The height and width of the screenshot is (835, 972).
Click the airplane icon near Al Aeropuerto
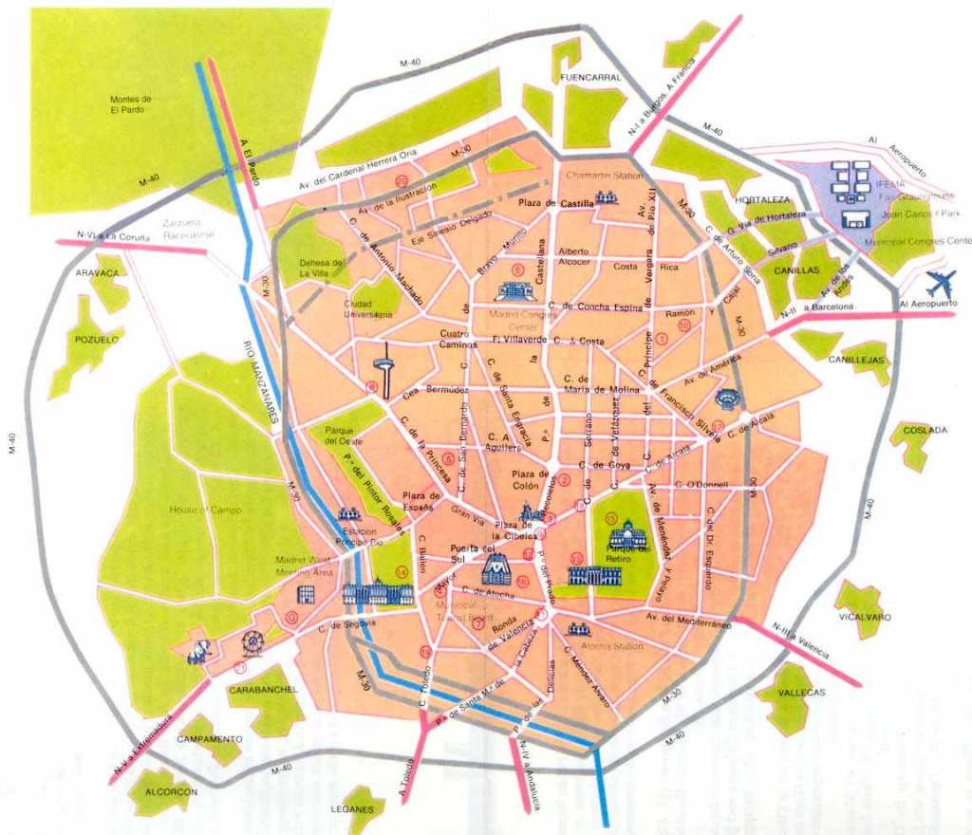point(941,282)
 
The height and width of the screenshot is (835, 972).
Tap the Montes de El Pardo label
point(131,104)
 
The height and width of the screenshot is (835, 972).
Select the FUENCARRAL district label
point(590,77)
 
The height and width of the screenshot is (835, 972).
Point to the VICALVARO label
point(865,617)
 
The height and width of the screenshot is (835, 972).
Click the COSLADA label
point(925,430)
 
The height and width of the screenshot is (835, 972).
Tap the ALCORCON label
point(171,791)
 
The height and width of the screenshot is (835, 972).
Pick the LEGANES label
point(361,808)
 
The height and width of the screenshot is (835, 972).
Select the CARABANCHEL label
point(263,690)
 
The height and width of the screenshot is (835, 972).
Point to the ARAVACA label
point(98,273)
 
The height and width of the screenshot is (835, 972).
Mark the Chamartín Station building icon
point(606,197)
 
